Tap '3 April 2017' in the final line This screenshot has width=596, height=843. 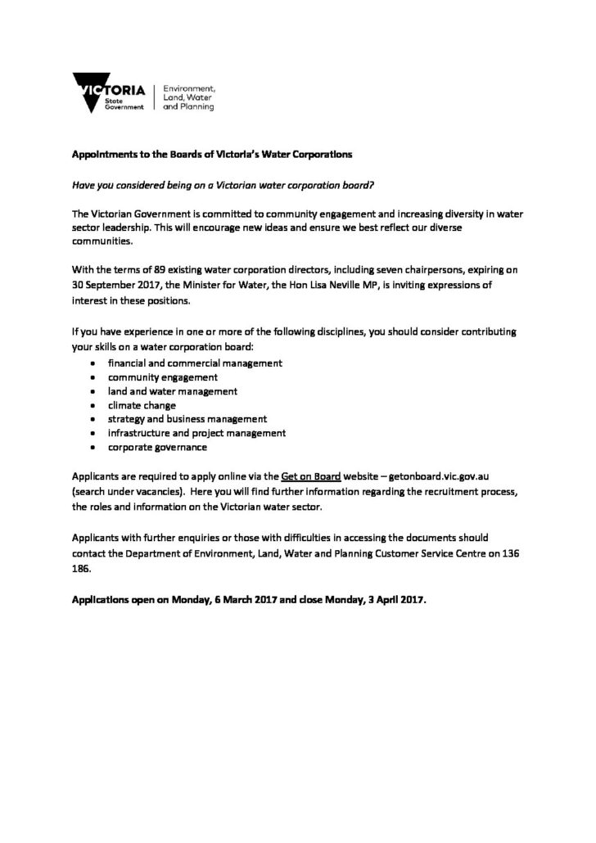pyautogui.click(x=391, y=598)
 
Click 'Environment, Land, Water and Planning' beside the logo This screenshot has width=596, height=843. pyautogui.click(x=190, y=96)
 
